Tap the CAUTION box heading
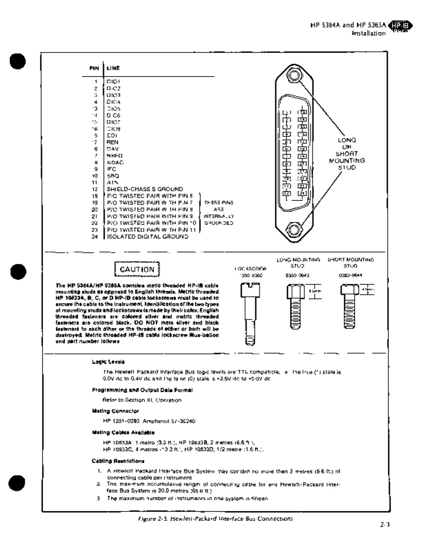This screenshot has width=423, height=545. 137,269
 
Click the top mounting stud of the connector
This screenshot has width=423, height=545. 294,75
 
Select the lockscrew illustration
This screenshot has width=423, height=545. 250,313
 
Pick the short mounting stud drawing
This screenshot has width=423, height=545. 349,306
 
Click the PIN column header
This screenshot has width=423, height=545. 94,68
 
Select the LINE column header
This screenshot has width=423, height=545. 113,68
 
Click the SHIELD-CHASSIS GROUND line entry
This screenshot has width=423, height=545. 145,189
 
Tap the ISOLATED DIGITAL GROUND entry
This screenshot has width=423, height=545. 148,236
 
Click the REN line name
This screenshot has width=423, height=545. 113,142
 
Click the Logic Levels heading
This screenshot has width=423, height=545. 108,362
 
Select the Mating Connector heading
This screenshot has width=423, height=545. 115,411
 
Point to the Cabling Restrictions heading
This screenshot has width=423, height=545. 118,461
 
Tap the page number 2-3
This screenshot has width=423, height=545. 385,525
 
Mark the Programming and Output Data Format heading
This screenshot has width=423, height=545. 142,390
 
